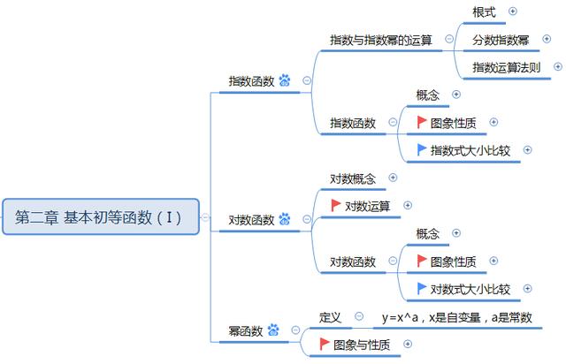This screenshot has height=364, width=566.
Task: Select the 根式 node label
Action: click(484, 11)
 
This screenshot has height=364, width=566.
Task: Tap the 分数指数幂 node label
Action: click(501, 40)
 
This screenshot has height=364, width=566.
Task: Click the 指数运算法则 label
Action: click(506, 67)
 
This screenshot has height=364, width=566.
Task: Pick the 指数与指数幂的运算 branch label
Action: click(381, 40)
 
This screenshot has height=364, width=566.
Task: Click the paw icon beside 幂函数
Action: click(273, 331)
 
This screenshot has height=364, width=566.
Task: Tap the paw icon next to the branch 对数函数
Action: click(285, 219)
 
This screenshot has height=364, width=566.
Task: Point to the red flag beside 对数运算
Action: click(336, 205)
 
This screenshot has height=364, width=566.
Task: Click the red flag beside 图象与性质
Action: click(325, 343)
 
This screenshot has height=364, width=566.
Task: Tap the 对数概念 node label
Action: click(352, 178)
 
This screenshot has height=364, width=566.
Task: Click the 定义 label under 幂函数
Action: click(330, 316)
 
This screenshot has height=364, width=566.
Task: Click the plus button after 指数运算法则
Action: click(557, 66)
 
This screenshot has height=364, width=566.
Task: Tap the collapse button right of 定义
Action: click(359, 316)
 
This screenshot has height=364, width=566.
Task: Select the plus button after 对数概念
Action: click(393, 178)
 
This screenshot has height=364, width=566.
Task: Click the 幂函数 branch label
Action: click(245, 331)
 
